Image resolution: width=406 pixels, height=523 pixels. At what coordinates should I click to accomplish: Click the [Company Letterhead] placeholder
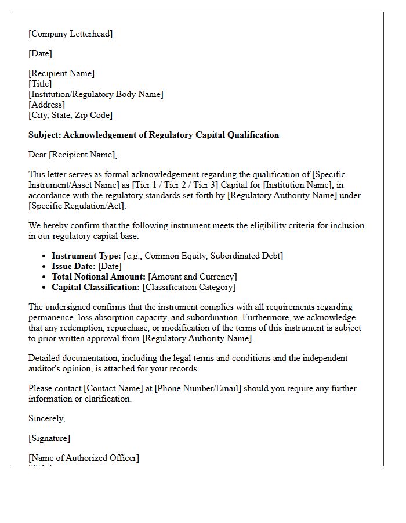(x=71, y=34)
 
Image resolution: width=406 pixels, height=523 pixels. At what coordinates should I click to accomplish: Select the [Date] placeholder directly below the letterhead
(x=40, y=53)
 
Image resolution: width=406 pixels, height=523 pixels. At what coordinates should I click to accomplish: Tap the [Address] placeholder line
(x=46, y=105)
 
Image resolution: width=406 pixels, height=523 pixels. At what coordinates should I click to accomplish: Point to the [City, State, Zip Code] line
(x=70, y=115)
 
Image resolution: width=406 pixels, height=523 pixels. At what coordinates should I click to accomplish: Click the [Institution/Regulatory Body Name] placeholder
(x=96, y=94)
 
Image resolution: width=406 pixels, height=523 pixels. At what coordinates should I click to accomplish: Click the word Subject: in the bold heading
(x=45, y=135)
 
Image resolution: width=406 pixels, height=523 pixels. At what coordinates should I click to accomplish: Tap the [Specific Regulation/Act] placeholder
(x=77, y=206)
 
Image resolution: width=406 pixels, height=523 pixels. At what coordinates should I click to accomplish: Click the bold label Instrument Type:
(x=86, y=256)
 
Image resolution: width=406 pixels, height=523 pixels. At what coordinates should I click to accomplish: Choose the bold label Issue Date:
(x=74, y=266)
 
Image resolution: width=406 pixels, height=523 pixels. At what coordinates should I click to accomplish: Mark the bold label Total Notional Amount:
(x=99, y=277)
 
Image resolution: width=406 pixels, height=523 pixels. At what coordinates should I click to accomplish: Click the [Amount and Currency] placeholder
(x=193, y=277)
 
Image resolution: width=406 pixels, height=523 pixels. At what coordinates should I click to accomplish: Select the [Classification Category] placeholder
(x=189, y=287)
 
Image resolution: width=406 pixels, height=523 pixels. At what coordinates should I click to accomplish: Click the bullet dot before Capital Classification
(x=45, y=287)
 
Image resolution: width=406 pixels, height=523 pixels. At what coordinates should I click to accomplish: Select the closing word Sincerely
(x=46, y=418)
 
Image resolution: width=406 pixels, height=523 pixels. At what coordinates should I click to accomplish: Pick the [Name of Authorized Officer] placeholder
(x=84, y=458)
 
